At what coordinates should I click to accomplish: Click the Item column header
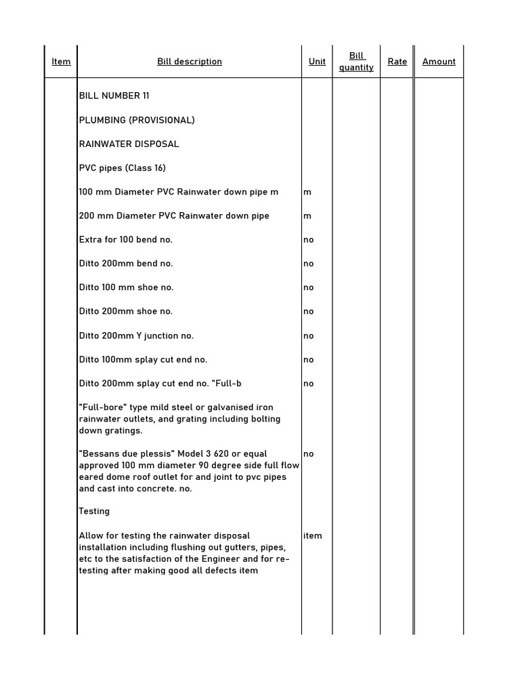61,62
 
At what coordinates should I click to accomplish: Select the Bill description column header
190,62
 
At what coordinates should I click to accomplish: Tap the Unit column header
317,62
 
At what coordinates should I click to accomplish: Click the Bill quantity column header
356,62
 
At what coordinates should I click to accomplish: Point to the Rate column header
397,62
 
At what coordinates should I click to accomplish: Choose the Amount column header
439,62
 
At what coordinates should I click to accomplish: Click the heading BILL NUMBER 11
114,96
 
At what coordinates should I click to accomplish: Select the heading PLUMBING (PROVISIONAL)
137,120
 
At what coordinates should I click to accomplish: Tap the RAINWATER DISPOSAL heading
129,144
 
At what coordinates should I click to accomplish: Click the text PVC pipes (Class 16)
123,167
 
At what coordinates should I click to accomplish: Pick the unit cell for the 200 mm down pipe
307,216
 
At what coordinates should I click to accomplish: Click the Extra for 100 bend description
126,239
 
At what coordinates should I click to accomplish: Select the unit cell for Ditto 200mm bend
309,264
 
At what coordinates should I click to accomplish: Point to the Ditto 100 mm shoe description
127,287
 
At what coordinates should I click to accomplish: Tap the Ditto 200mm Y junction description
136,335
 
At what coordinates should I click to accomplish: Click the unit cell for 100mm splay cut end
309,359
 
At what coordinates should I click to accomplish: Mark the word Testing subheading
94,511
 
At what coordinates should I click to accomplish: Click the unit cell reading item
313,535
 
